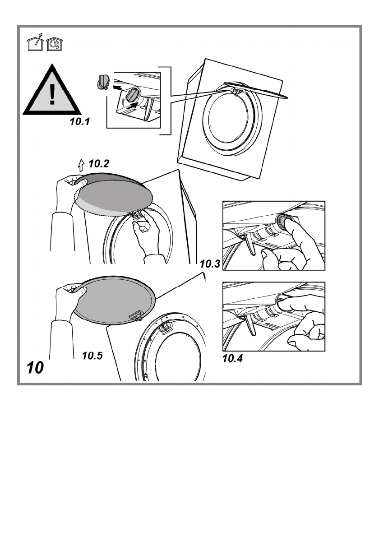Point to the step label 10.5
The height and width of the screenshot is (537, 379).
[x=93, y=355]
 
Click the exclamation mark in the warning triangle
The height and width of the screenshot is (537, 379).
[x=53, y=94]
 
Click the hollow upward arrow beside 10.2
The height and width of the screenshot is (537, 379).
[x=81, y=165]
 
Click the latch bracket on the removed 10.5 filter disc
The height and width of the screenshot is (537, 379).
[x=136, y=316]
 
